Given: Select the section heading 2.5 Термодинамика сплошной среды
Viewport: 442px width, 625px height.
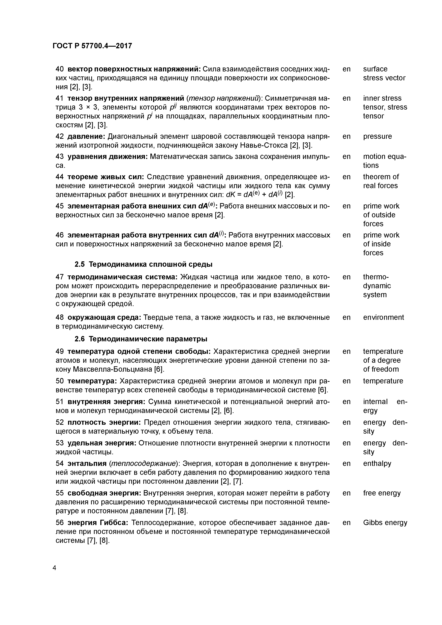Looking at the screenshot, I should (143, 264).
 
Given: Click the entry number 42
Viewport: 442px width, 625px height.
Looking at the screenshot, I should (59, 136).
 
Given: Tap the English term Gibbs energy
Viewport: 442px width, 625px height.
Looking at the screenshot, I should (385, 523).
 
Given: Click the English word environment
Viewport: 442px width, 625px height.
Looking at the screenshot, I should (383, 317).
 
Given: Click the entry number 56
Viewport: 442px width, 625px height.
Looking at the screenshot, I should (59, 523).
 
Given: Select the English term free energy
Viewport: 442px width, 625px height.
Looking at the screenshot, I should (382, 493).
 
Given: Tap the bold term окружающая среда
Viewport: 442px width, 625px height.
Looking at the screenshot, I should (104, 317).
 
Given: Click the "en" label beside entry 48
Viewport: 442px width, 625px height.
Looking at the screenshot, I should (346, 317).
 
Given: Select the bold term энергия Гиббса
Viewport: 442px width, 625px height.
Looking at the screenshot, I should (97, 523).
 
